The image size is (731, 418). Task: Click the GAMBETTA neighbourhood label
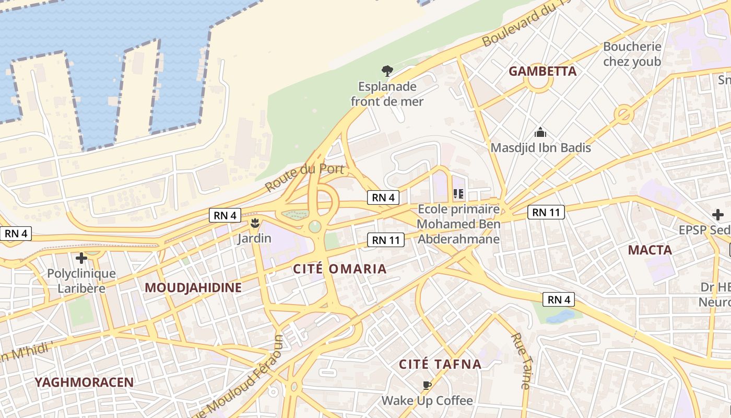pos(543,71)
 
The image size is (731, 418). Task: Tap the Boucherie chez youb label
pos(632,54)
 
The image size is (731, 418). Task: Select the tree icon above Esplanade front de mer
pos(387,71)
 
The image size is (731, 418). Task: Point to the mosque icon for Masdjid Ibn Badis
pos(540,132)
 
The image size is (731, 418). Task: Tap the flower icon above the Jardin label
pos(254,224)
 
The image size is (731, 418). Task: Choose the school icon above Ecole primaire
pos(458,194)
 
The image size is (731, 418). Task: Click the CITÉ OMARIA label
pos(339,269)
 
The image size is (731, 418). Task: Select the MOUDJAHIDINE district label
pos(193,287)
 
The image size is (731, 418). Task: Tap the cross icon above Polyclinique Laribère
pos(81,258)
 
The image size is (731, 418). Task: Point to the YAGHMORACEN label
pos(84,382)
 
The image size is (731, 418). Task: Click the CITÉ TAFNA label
pos(440,364)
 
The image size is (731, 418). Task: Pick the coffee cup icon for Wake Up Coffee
pos(427,386)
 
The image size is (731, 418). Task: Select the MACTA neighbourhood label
pos(650,250)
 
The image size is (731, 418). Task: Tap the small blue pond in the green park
pos(560,316)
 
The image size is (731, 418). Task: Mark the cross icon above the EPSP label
pos(717,214)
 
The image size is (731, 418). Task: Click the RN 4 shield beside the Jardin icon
pos(225,215)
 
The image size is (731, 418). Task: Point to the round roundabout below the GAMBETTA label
pos(538,83)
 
